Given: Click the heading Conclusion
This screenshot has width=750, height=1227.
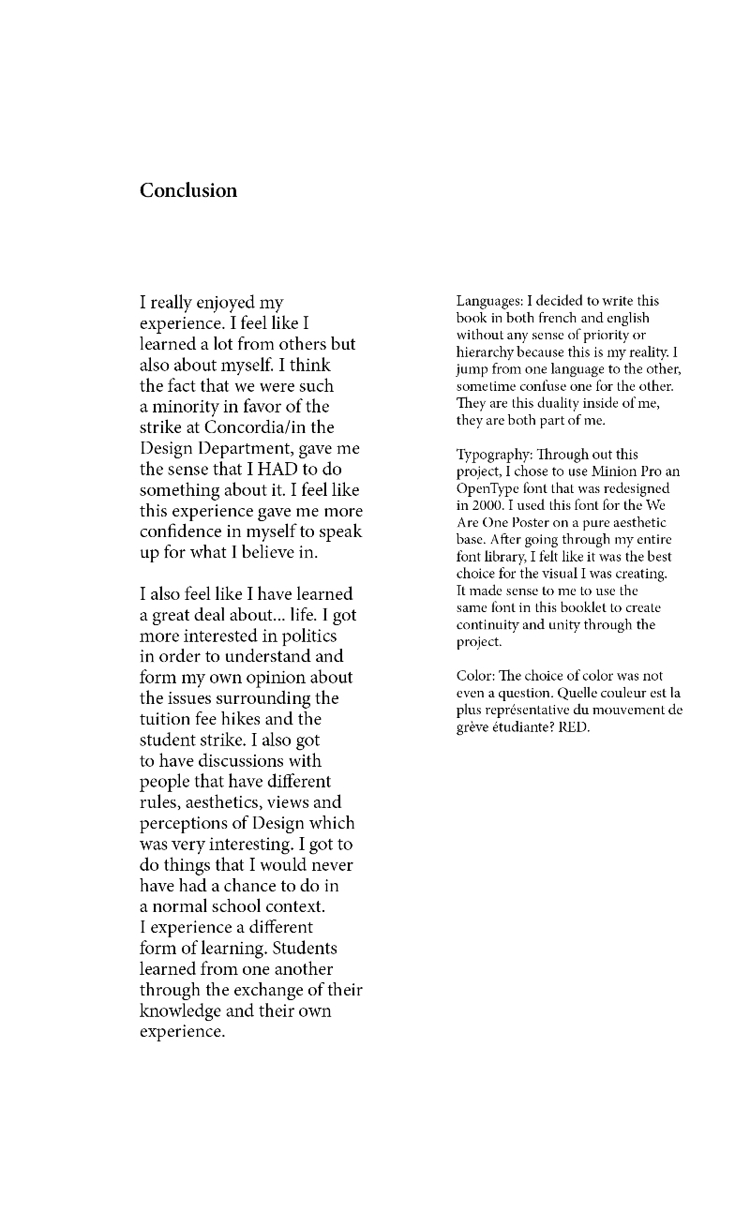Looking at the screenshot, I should click(x=188, y=191).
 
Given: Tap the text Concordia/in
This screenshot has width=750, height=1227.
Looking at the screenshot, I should click(x=248, y=427).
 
